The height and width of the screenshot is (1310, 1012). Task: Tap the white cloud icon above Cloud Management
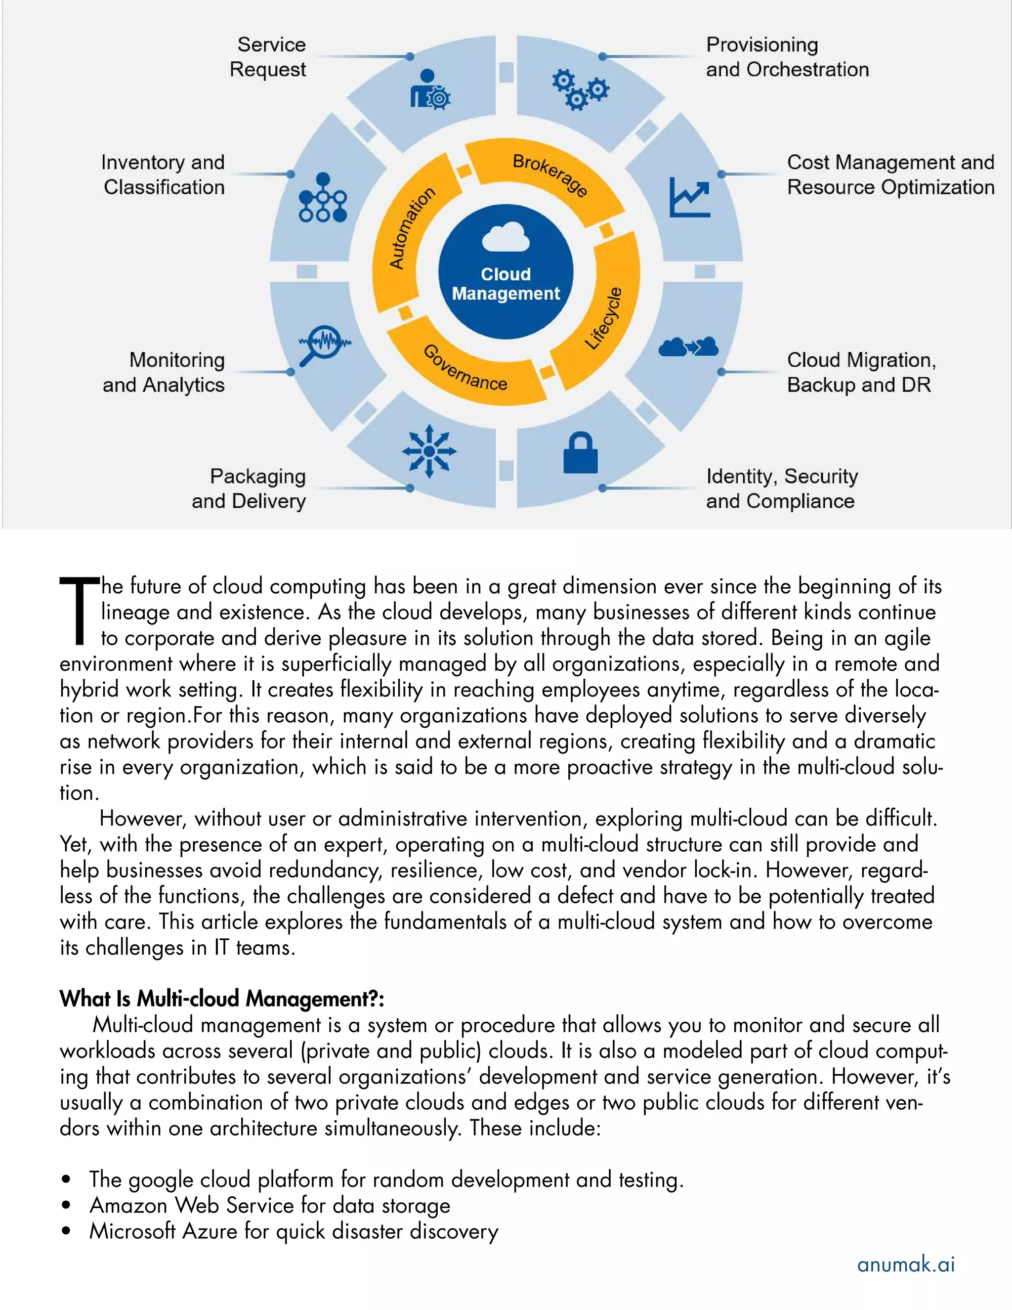tap(506, 236)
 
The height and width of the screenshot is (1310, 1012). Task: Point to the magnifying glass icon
tap(323, 344)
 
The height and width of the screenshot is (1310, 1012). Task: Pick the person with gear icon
tap(430, 89)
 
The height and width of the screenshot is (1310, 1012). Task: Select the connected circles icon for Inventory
tap(323, 198)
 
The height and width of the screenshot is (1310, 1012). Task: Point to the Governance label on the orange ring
tap(465, 368)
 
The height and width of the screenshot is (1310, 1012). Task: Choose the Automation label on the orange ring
tap(411, 228)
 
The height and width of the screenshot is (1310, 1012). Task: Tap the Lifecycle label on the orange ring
tap(604, 318)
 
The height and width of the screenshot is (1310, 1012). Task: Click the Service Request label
tap(268, 57)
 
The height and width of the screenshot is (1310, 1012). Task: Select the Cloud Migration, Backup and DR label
tap(861, 372)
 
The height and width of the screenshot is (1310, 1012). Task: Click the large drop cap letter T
tap(79, 610)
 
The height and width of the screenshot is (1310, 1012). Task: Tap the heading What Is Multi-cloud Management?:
tap(222, 999)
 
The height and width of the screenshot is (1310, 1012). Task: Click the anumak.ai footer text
tap(905, 1265)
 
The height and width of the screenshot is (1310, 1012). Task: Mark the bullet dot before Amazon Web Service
tap(66, 1205)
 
